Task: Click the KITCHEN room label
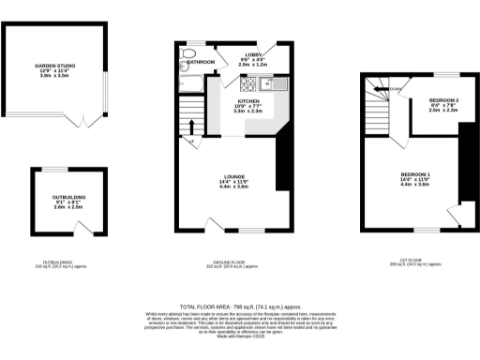248,100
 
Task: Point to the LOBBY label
253,54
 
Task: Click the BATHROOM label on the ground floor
203,62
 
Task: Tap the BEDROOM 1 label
414,174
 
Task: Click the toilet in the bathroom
187,64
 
